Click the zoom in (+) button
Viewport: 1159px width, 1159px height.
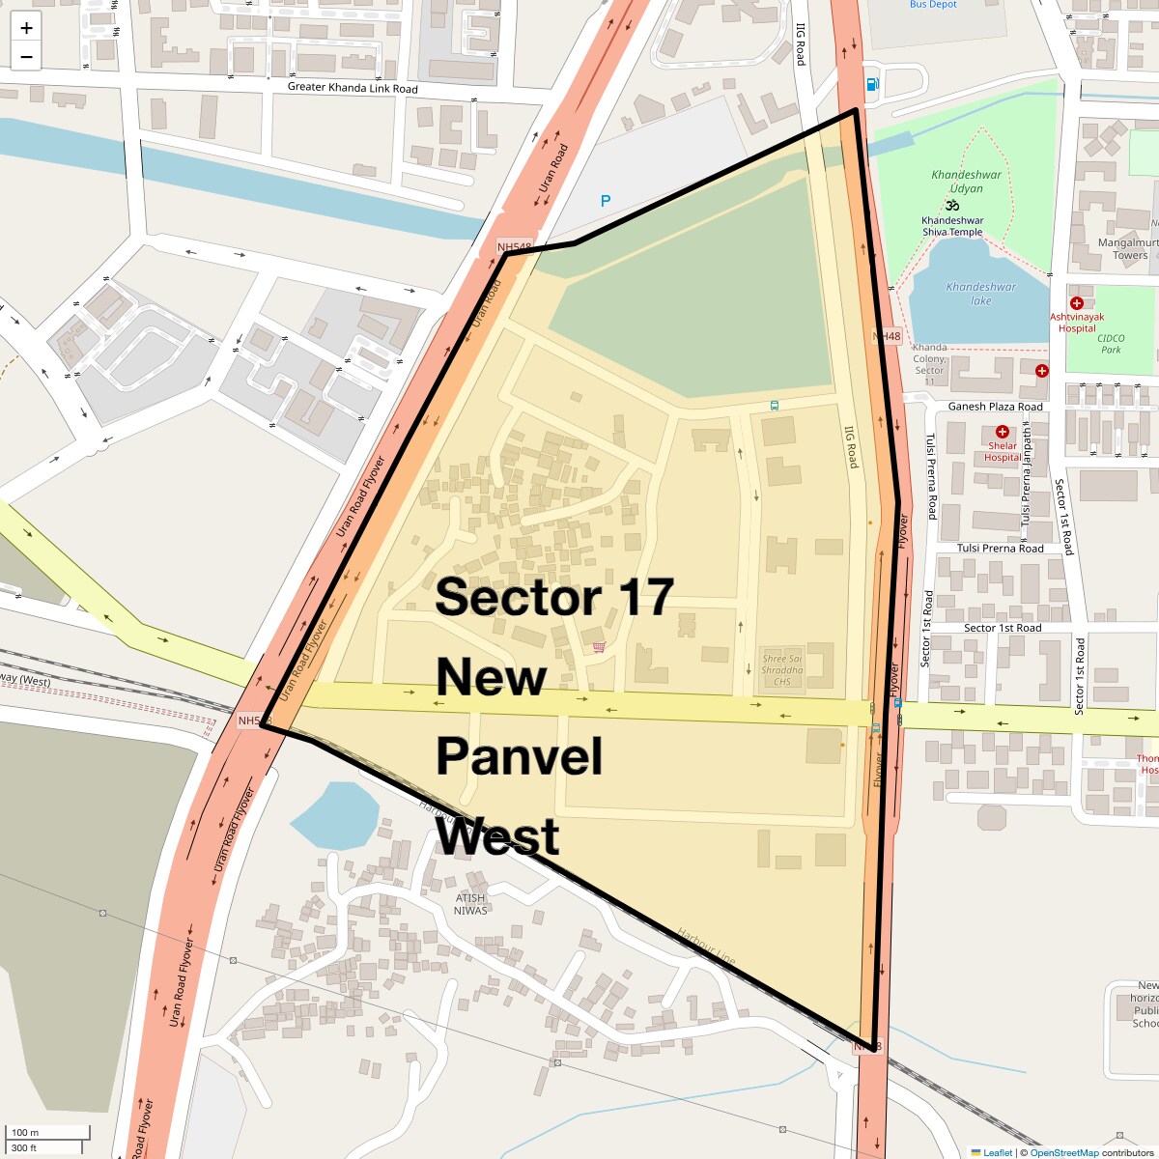click(26, 28)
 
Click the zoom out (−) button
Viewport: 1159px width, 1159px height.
click(26, 57)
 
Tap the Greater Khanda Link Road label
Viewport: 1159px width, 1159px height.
click(353, 88)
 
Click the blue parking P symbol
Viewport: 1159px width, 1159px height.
click(606, 201)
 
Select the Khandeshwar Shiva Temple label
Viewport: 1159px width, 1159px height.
click(952, 226)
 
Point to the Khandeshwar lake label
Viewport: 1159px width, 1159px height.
click(981, 293)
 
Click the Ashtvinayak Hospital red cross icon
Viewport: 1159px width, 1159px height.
click(1077, 303)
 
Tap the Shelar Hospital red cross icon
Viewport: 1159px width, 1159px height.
click(1003, 432)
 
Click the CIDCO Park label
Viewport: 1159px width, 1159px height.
click(1111, 344)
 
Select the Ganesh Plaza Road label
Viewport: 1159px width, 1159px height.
click(995, 407)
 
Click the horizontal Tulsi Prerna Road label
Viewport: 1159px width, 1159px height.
click(1000, 549)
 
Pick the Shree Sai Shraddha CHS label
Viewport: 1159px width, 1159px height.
click(782, 670)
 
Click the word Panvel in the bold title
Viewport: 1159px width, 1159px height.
click(520, 756)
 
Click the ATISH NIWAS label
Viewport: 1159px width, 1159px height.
click(470, 904)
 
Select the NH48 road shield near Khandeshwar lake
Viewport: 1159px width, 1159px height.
click(886, 337)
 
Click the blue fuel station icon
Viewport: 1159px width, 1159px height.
click(873, 84)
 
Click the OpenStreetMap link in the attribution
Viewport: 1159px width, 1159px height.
click(1063, 1152)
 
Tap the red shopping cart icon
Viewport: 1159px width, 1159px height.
click(599, 647)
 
